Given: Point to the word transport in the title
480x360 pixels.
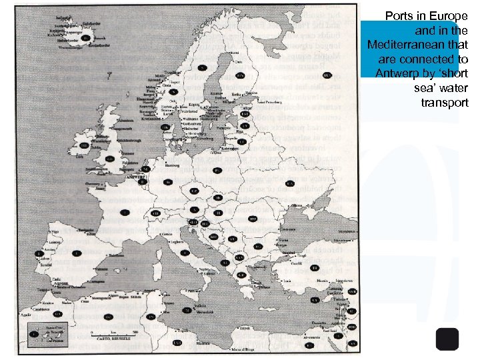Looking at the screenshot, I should (x=445, y=103).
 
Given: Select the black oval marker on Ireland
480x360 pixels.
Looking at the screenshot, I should (x=85, y=145).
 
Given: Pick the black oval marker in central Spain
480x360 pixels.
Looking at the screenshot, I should (x=77, y=253).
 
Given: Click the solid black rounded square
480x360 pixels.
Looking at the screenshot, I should (x=448, y=339).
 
